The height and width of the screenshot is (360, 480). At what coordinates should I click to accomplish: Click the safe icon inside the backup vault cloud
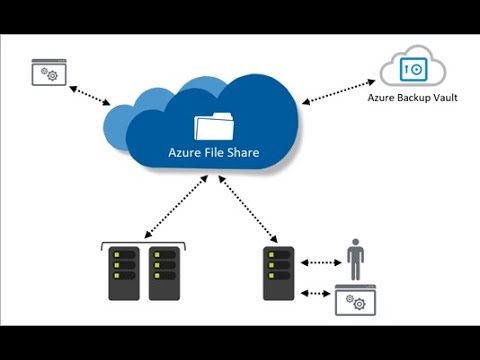(x=411, y=70)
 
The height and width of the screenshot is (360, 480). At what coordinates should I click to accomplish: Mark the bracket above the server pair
(x=144, y=243)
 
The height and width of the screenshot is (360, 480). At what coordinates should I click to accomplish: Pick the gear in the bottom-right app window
(x=354, y=304)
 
